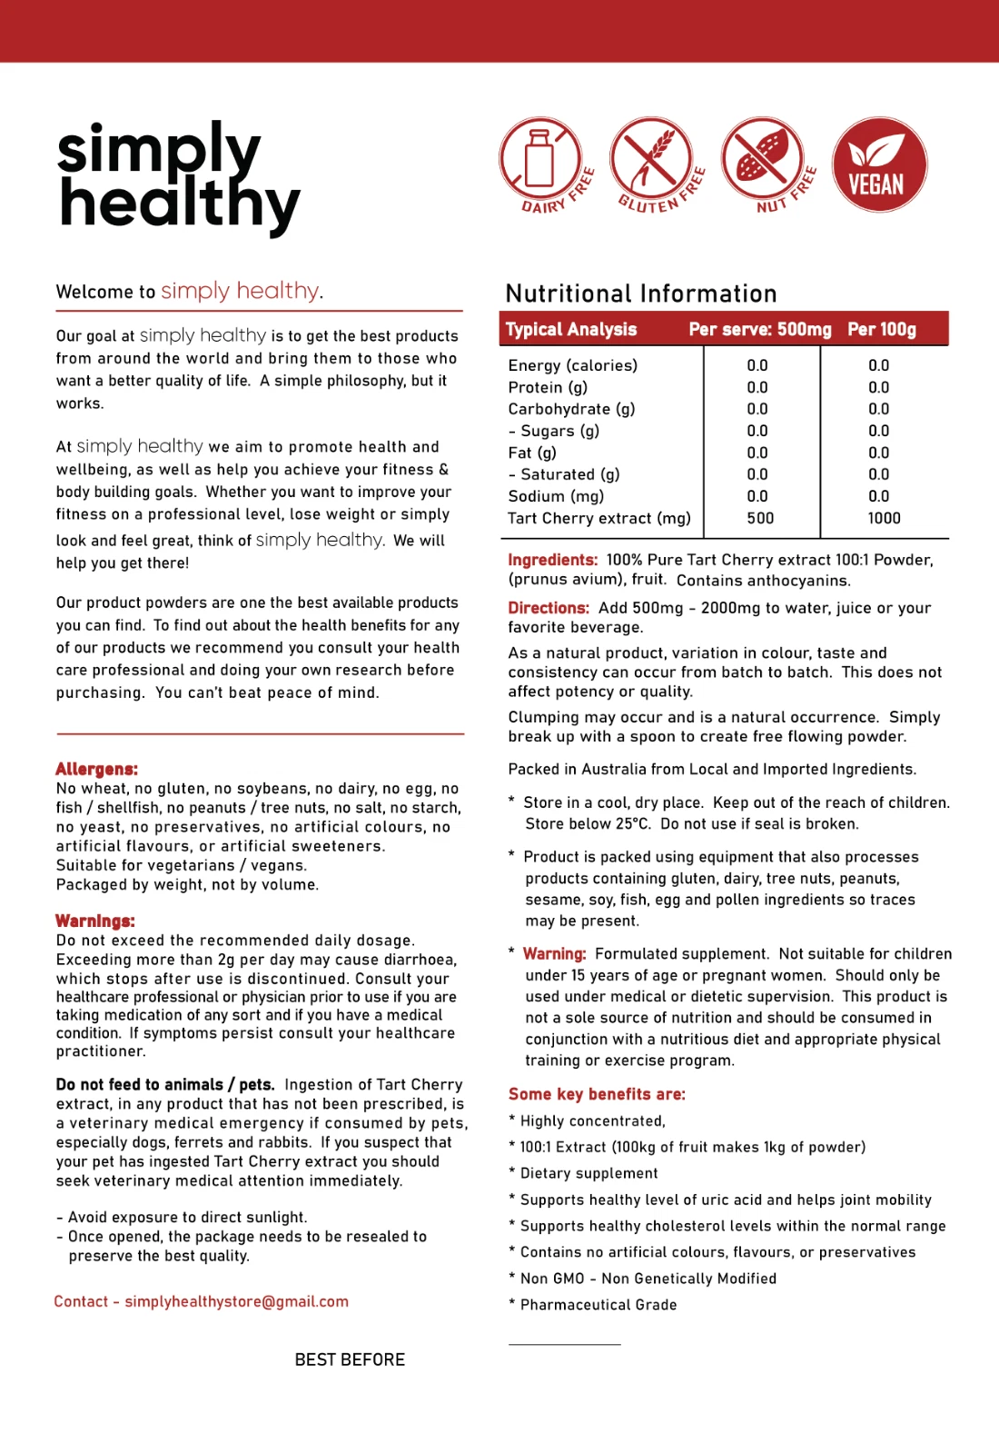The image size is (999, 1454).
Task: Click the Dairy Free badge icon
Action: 545,164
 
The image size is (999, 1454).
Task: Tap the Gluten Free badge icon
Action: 656,164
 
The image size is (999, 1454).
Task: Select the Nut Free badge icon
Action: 767,164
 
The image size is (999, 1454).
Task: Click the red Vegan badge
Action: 879,164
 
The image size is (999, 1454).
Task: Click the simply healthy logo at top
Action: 177,176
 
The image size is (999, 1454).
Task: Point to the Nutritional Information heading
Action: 641,294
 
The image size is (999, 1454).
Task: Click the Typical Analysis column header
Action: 571,329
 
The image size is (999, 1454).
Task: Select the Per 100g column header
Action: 882,329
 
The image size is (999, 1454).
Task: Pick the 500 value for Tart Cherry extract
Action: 760,518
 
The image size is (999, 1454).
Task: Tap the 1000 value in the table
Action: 884,518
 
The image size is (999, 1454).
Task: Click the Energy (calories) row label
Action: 573,365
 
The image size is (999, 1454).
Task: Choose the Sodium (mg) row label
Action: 556,496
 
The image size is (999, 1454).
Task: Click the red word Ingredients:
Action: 552,560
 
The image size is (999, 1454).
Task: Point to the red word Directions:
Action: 549,608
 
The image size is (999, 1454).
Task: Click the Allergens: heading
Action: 96,769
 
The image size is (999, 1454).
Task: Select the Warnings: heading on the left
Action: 94,921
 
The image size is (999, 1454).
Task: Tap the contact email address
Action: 236,1301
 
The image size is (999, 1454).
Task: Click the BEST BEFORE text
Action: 350,1359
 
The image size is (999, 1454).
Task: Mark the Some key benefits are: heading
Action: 597,1094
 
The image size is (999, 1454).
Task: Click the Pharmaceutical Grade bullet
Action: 598,1305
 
